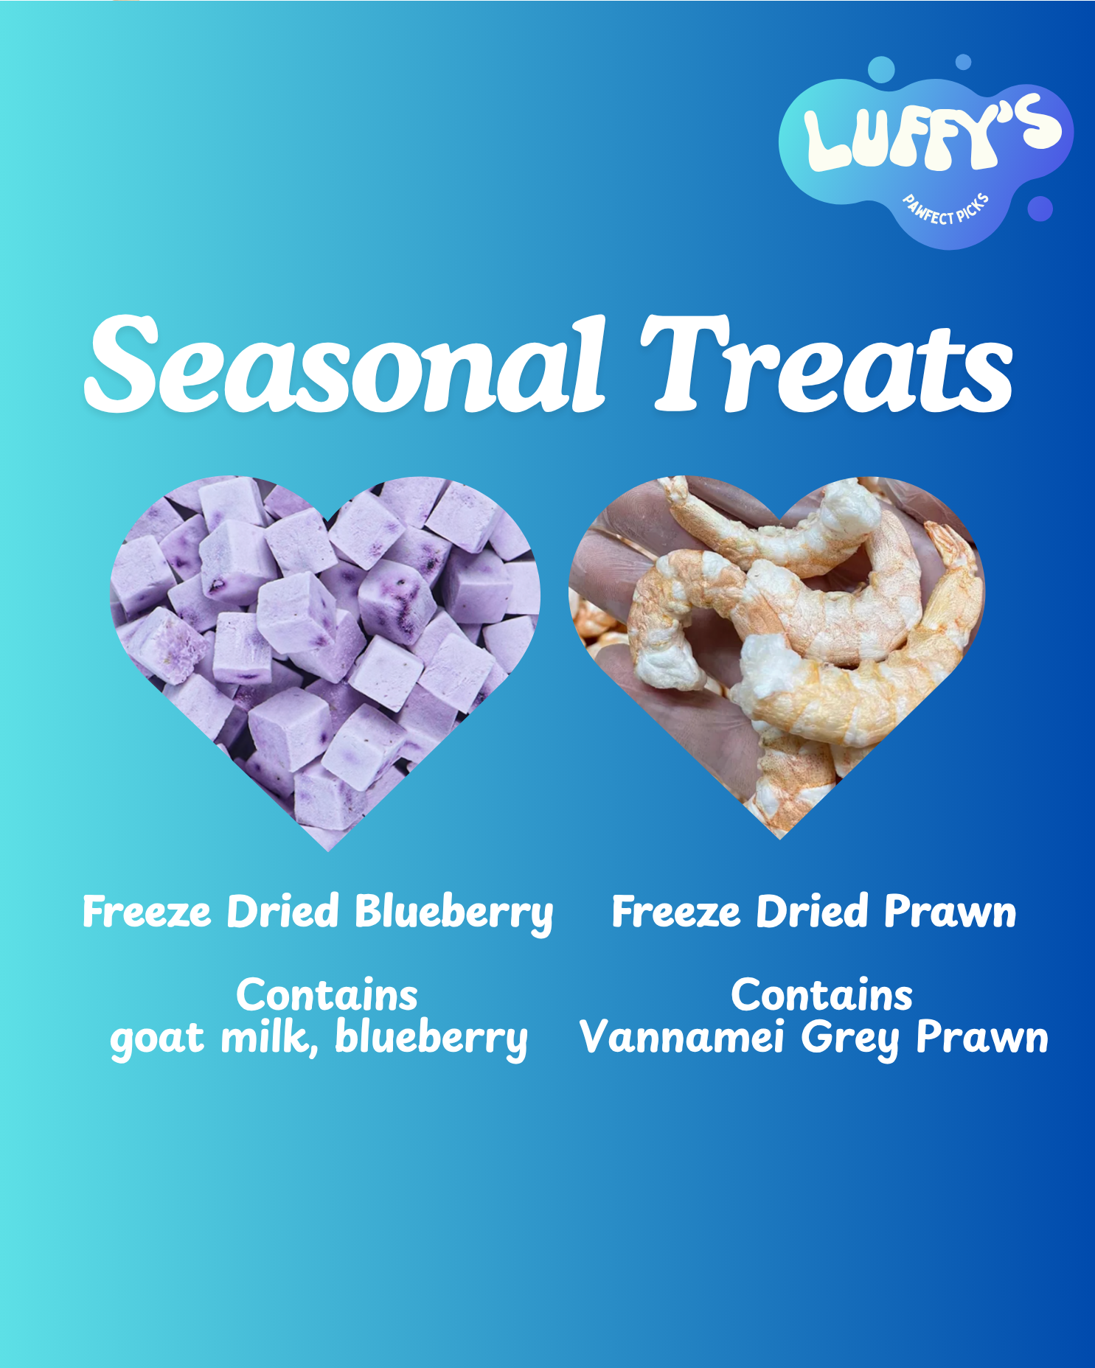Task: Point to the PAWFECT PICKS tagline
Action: [946, 209]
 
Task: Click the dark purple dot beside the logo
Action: [1040, 209]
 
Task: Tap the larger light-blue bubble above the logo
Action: [881, 70]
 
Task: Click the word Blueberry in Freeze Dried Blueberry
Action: [453, 913]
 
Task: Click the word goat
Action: [157, 1039]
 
